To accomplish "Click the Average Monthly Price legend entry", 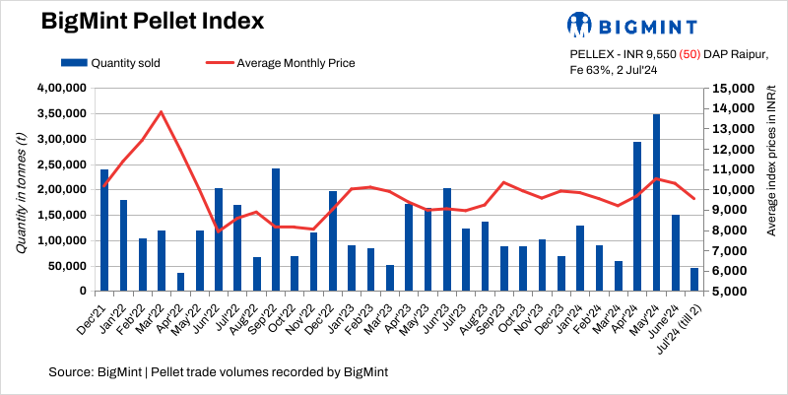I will pyautogui.click(x=281, y=63).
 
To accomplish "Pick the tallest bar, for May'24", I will pyautogui.click(x=656, y=202).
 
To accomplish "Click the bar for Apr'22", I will pyautogui.click(x=180, y=282).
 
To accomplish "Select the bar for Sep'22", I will pyautogui.click(x=276, y=230).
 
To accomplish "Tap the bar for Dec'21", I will pyautogui.click(x=104, y=230).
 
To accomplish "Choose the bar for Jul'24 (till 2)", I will pyautogui.click(x=694, y=280).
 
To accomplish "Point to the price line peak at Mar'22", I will pyautogui.click(x=161, y=111).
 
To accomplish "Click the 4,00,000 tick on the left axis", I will pyautogui.click(x=63, y=88).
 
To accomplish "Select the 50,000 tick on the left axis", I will pyautogui.click(x=69, y=266).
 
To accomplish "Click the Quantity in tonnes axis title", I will pyautogui.click(x=21, y=190).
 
